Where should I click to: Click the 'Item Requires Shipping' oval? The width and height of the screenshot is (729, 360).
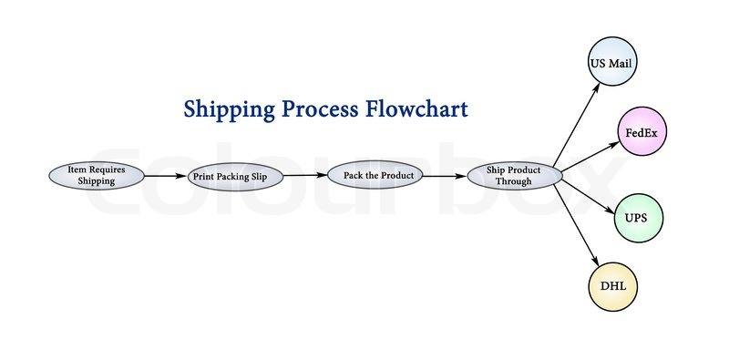(x=96, y=175)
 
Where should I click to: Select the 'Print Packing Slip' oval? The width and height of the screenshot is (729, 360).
(x=235, y=176)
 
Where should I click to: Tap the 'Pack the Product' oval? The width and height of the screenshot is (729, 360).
(x=375, y=175)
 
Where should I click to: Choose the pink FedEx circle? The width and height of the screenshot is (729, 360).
(x=641, y=132)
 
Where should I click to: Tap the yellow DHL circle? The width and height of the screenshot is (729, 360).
(x=611, y=286)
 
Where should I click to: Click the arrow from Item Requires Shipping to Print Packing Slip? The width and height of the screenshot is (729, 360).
(x=166, y=176)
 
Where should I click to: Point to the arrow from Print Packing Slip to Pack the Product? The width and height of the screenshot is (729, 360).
(x=305, y=175)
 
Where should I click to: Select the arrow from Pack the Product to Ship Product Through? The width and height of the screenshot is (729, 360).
(x=444, y=175)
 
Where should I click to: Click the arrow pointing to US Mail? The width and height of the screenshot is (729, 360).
(x=578, y=119)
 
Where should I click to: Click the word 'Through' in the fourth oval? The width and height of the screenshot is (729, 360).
(x=513, y=181)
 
